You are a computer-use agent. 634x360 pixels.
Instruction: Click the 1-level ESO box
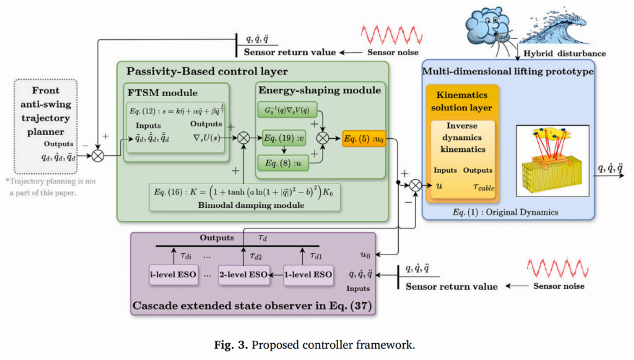(308, 273)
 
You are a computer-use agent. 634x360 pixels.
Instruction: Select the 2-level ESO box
(243, 273)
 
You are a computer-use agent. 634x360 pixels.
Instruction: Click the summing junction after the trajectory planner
(98, 155)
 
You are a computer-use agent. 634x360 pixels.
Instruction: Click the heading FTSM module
(162, 92)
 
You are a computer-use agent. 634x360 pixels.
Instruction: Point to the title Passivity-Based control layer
(207, 71)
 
